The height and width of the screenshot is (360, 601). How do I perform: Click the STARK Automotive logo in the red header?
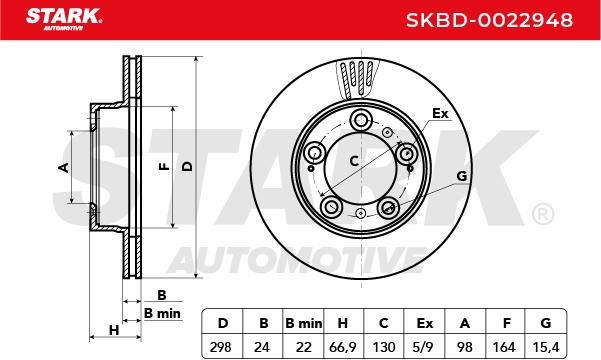coord(64,19)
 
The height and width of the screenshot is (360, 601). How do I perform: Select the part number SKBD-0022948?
coord(489,20)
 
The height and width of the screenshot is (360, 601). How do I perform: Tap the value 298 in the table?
coord(220,347)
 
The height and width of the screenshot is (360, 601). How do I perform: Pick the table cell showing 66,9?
coord(343,347)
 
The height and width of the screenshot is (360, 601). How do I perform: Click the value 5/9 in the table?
coord(424,347)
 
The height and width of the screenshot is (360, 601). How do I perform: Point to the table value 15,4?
coord(546,347)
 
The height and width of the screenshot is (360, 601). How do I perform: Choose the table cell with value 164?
coord(504,347)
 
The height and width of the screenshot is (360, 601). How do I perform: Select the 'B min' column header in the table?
coord(304,324)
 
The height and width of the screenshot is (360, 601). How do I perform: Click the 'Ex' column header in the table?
coord(424,324)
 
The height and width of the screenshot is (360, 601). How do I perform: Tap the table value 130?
coord(384,347)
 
